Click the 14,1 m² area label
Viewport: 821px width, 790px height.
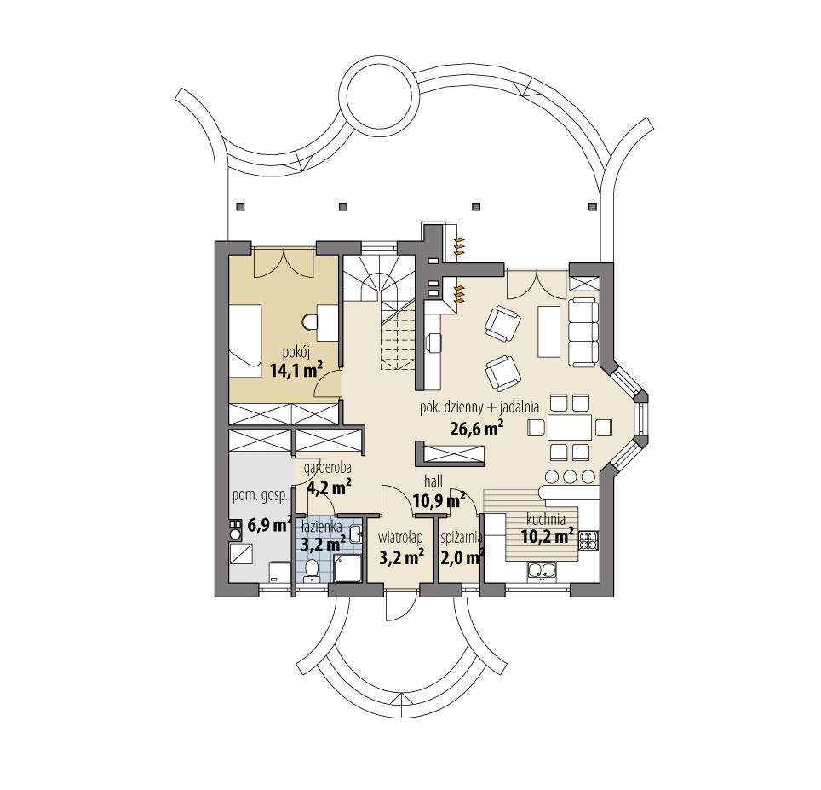coord(296,370)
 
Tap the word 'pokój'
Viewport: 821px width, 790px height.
coord(296,352)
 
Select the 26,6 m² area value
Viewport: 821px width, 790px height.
coord(476,428)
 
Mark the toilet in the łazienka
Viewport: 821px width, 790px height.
coord(311,568)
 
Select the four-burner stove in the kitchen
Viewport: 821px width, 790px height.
coord(588,539)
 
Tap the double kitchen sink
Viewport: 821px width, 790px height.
coord(543,572)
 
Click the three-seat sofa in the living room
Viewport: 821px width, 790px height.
coord(583,333)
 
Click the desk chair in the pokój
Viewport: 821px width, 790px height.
coord(309,321)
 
